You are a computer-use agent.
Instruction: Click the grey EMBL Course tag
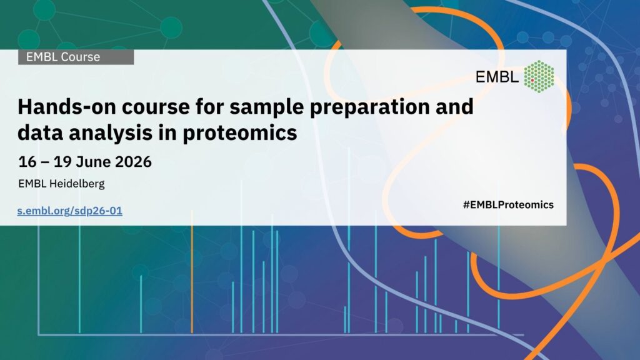76,57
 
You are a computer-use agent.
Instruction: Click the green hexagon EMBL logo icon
539,76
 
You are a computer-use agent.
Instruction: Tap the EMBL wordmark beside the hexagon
497,76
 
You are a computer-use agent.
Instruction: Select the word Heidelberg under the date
77,184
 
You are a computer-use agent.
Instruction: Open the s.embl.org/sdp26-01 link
70,211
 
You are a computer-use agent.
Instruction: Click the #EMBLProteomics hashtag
508,205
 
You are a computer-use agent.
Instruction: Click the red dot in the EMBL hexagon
532,81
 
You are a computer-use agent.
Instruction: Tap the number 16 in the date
27,162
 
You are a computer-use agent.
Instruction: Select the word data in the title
40,133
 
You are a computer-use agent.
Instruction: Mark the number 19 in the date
62,162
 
